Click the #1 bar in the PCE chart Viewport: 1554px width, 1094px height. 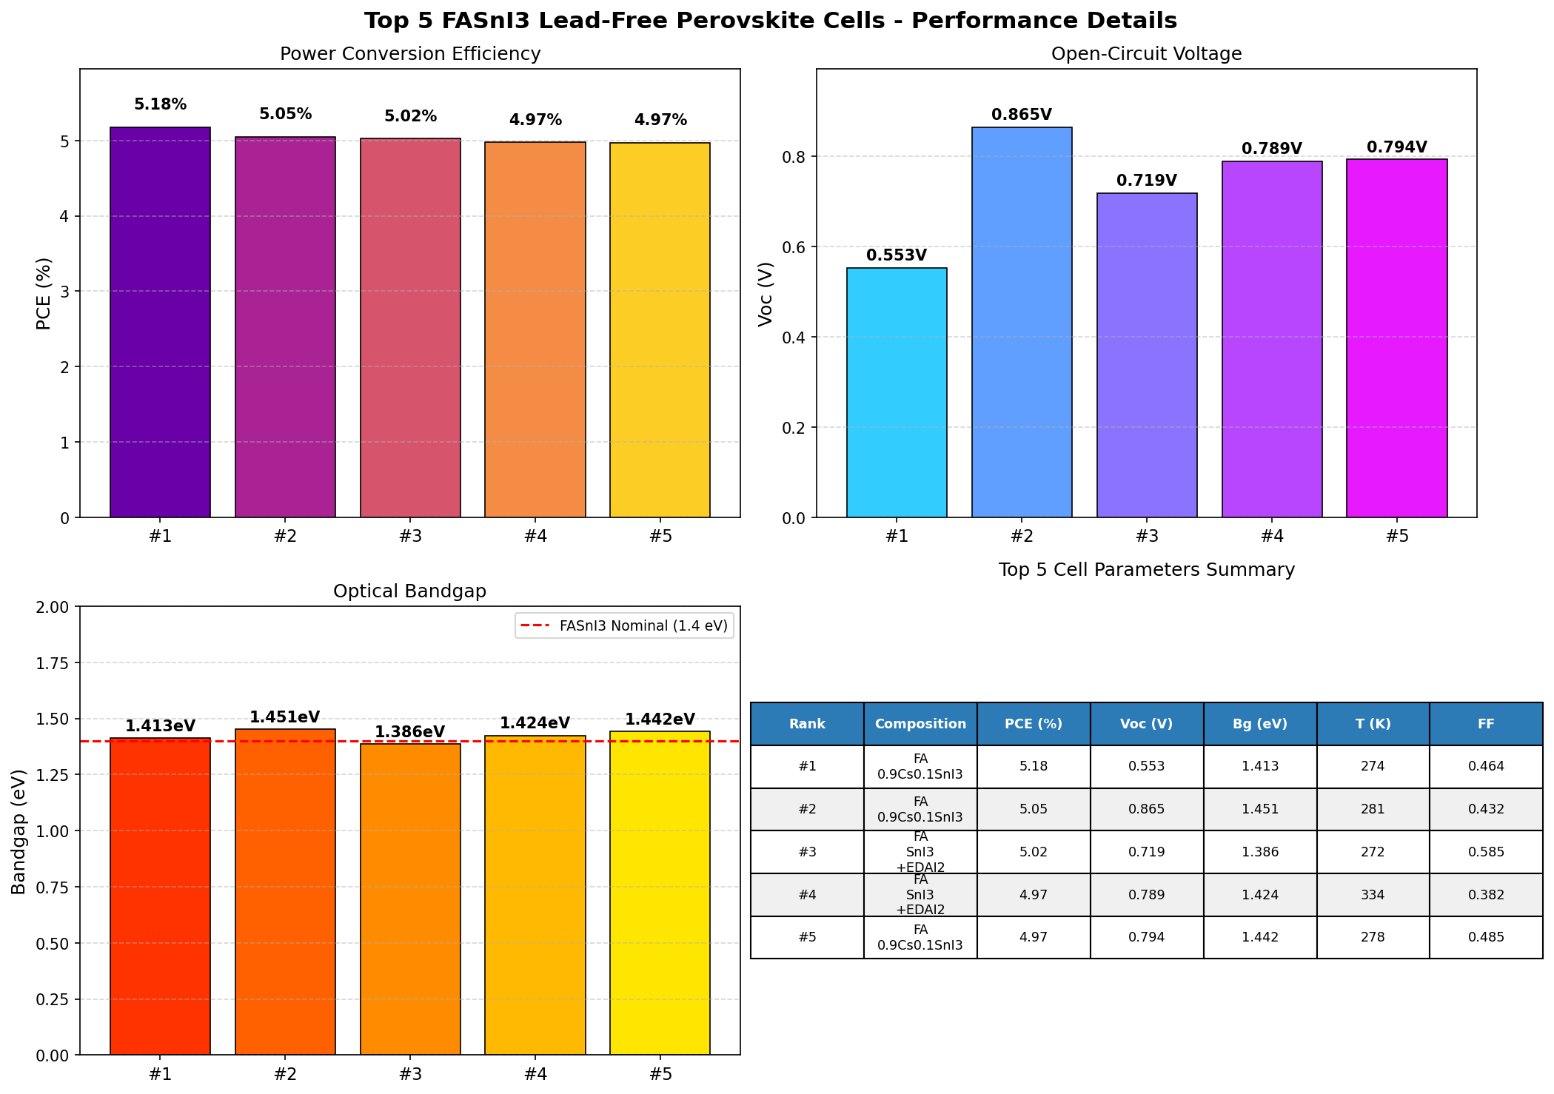tap(160, 322)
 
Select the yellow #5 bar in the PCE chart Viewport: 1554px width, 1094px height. tap(660, 329)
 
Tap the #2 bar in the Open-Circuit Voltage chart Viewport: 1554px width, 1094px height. tap(1022, 322)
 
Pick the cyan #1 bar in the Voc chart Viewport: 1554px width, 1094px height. tap(897, 392)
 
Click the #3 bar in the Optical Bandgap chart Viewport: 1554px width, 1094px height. tap(409, 899)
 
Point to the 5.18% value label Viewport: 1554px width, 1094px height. tap(160, 105)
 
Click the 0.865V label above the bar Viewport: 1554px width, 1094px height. tap(1022, 115)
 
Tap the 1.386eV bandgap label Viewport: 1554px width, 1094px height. tap(409, 732)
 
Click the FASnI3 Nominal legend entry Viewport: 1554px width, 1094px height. tap(624, 626)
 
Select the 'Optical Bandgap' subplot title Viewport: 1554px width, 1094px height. tap(409, 591)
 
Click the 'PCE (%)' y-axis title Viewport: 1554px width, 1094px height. tap(44, 293)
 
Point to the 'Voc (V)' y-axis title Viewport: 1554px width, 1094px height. tap(766, 293)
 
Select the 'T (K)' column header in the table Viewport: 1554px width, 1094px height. tap(1373, 724)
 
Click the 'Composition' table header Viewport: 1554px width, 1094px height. tap(920, 724)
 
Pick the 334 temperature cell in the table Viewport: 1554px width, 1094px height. tap(1373, 895)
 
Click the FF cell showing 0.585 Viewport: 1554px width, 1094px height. tap(1486, 852)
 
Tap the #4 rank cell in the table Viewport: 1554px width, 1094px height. tap(807, 895)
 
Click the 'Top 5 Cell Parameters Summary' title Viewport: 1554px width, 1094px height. tap(1146, 570)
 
